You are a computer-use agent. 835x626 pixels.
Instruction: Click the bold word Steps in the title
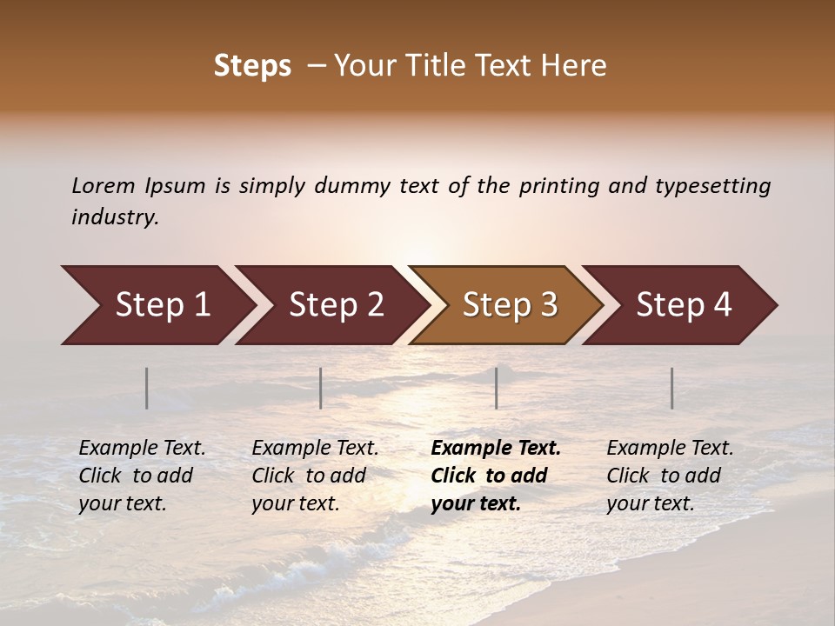[252, 66]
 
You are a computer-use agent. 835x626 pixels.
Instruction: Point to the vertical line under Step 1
[147, 388]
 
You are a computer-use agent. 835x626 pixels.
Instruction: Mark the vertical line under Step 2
[321, 388]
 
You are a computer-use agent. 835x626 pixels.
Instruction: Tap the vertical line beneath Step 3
[496, 388]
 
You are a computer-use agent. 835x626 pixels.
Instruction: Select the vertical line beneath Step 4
[671, 388]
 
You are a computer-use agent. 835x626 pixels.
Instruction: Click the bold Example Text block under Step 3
[496, 476]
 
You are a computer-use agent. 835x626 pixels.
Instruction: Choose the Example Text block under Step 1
[142, 476]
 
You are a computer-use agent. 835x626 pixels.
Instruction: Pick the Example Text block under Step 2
[315, 476]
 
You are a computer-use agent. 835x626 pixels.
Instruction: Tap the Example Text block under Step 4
[670, 476]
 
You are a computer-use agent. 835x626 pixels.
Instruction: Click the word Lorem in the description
[104, 186]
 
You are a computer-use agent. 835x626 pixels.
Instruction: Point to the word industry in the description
[115, 217]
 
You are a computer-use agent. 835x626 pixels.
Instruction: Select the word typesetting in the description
[712, 186]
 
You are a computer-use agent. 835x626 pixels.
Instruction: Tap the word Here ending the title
[577, 66]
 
